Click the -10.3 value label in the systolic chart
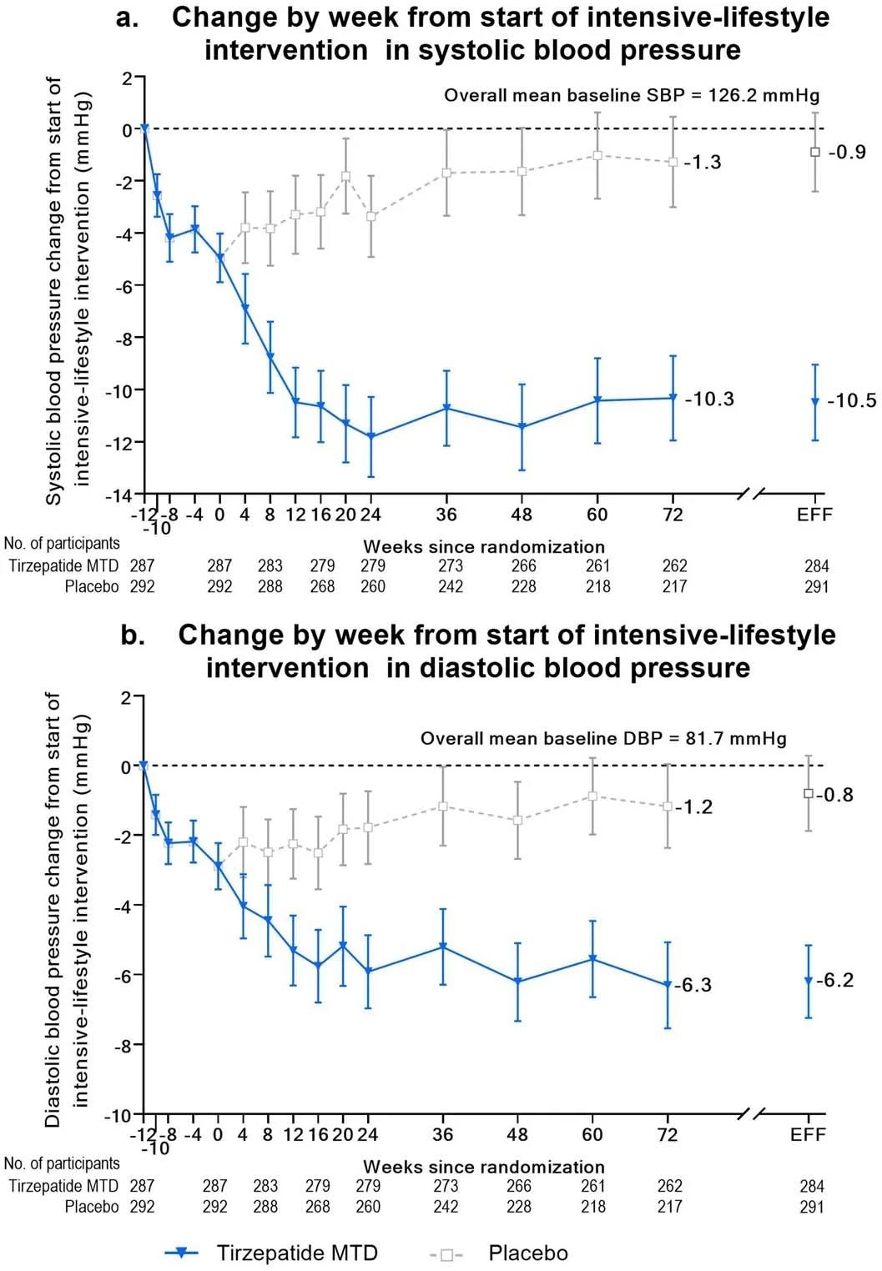pos(709,399)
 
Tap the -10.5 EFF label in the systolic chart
pos(851,401)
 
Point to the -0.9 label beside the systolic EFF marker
pos(847,152)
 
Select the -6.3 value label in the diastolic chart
pos(693,985)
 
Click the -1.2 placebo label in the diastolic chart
pos(693,806)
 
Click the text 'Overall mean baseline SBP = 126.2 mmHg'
pos(632,95)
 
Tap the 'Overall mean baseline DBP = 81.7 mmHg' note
pos(603,738)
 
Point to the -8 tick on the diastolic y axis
pos(122,1045)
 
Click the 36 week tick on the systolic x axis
pos(446,515)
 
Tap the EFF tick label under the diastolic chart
pos(808,1134)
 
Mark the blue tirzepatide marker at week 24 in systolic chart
pos(371,436)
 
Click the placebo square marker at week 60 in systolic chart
pos(597,155)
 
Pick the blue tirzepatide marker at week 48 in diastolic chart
pos(517,982)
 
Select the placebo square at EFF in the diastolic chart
pos(808,793)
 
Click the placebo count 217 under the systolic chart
pos(674,586)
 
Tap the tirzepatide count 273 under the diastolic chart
pos(446,1185)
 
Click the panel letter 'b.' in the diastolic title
pos(133,635)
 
